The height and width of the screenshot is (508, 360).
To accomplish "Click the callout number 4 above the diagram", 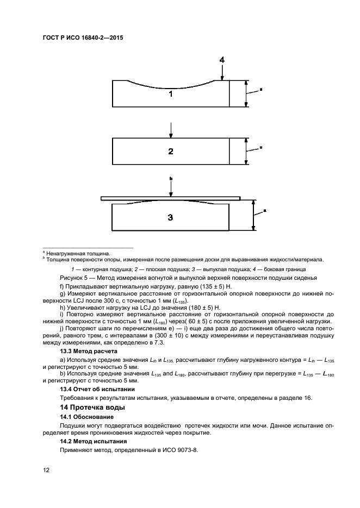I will tap(222, 60).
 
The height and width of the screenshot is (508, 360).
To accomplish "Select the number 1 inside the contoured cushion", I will tap(170, 94).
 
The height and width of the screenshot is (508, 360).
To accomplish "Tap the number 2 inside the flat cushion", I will tap(170, 151).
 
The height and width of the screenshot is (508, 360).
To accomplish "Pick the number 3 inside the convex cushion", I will tap(170, 217).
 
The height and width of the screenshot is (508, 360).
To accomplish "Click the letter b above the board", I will tap(170, 178).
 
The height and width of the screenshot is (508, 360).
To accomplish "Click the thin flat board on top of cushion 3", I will tap(170, 199).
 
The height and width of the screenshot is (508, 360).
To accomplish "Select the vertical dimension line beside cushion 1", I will tap(246, 94).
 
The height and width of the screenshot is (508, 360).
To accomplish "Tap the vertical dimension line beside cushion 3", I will tap(253, 216).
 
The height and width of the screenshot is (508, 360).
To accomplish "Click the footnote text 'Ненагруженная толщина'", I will tap(77, 253).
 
